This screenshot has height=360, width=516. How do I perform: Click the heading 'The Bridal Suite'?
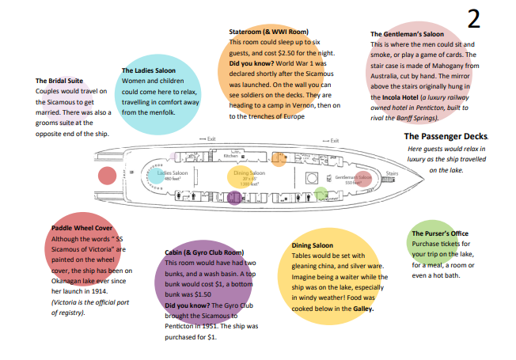[x=59, y=81]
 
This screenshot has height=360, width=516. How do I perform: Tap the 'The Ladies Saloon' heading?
[x=149, y=70]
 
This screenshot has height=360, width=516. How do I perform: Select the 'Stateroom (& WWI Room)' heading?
[x=268, y=32]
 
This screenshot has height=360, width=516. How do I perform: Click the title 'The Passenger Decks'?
[x=446, y=137]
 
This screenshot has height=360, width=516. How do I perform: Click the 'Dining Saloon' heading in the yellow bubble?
[x=317, y=246]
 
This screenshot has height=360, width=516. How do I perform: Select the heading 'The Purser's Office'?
[x=441, y=233]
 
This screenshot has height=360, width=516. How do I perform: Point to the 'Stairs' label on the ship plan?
[x=391, y=172]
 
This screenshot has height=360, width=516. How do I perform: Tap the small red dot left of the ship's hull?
[x=105, y=175]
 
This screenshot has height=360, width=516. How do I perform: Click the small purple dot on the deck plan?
[x=233, y=198]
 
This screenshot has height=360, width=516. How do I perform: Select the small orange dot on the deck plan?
[x=279, y=161]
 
